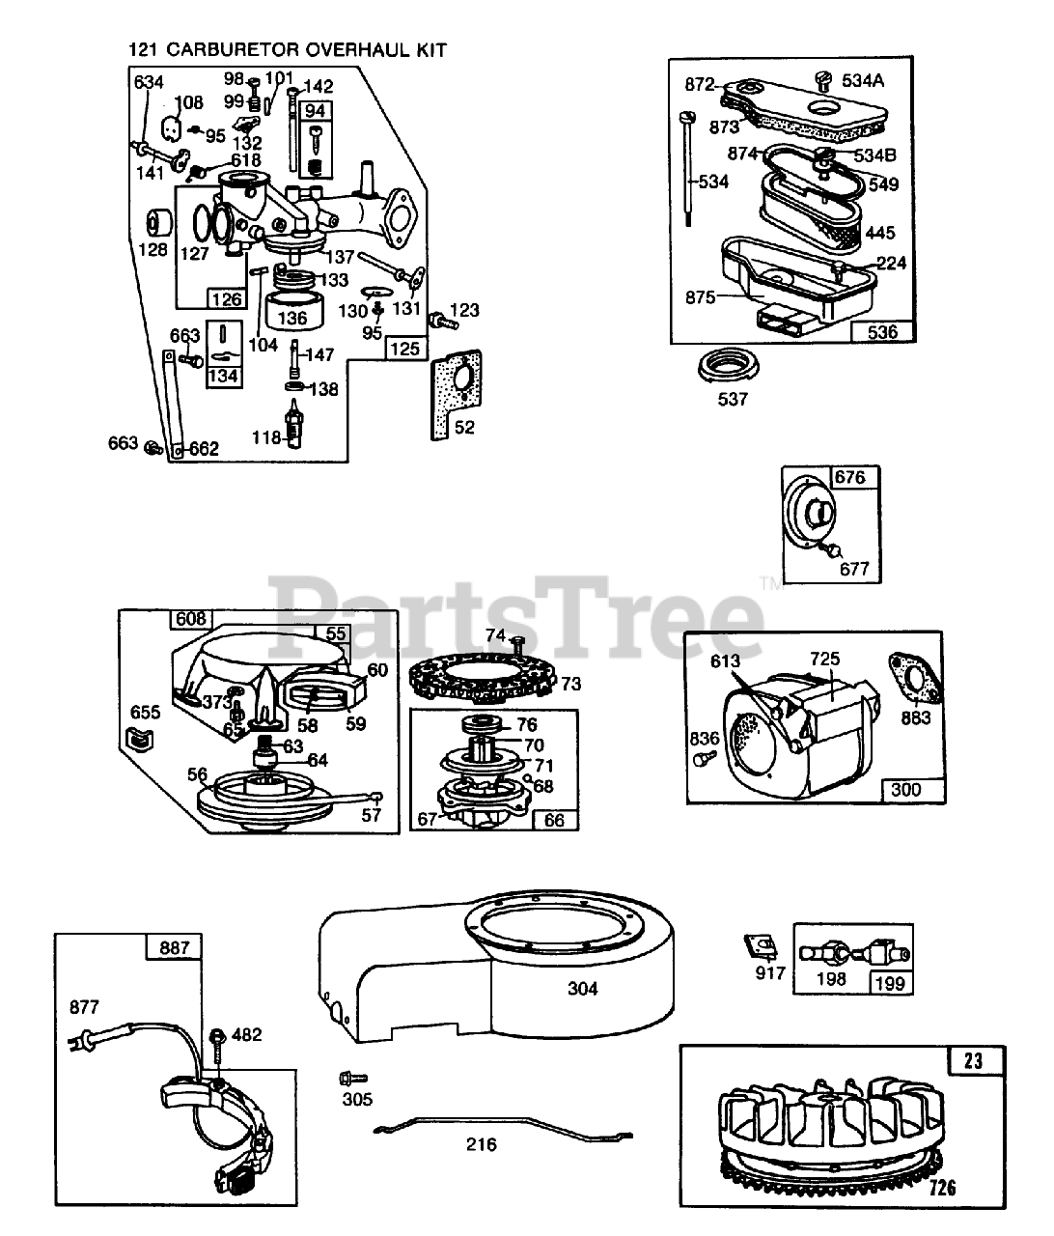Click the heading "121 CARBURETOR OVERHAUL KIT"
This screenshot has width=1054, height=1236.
[287, 49]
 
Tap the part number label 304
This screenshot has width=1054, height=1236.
[583, 988]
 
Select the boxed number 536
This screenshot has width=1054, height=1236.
[881, 332]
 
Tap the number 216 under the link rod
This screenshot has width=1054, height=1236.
[481, 1144]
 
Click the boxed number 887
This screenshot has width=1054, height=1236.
[175, 948]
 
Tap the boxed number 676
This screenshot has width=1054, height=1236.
[849, 477]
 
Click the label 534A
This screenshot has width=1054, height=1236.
[862, 80]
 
